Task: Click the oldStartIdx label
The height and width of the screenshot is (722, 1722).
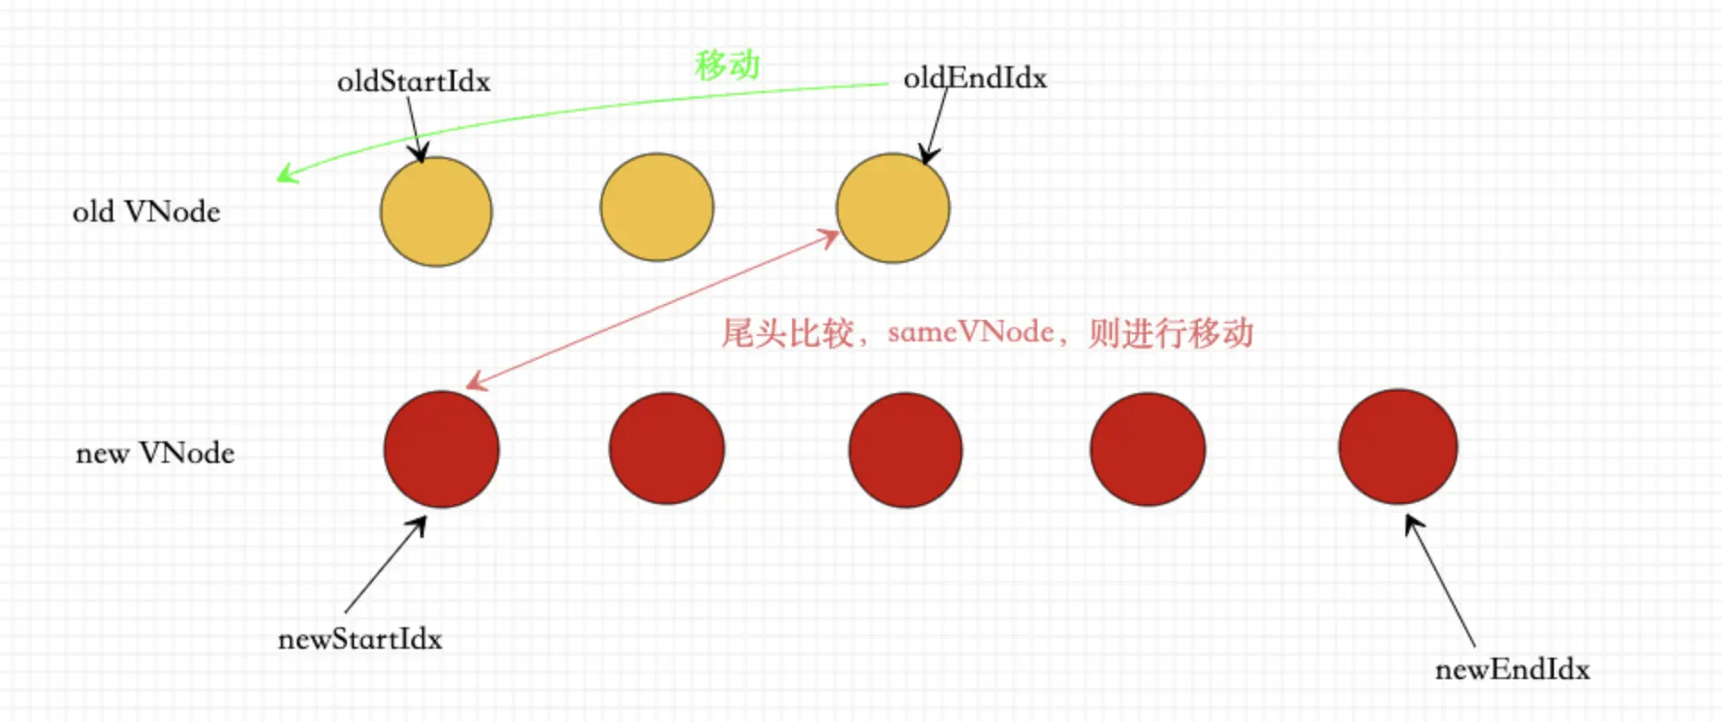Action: pyautogui.click(x=413, y=81)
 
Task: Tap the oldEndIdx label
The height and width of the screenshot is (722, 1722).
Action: pyautogui.click(x=975, y=79)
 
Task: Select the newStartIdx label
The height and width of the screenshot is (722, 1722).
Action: pyautogui.click(x=359, y=639)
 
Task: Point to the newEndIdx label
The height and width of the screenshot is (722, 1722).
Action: pyautogui.click(x=1512, y=669)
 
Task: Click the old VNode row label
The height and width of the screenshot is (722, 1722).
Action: pyautogui.click(x=146, y=212)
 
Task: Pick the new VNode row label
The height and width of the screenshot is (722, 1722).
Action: pyautogui.click(x=155, y=453)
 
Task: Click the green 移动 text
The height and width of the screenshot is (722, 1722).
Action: pyautogui.click(x=727, y=64)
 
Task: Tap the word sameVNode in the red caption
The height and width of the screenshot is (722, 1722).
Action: pyautogui.click(x=970, y=332)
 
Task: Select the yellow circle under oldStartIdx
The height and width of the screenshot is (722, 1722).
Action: pyautogui.click(x=436, y=211)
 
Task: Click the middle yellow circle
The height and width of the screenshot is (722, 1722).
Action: pyautogui.click(x=657, y=207)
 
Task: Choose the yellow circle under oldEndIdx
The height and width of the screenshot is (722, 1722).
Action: pyautogui.click(x=893, y=208)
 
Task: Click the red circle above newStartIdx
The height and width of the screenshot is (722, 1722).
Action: pyautogui.click(x=442, y=449)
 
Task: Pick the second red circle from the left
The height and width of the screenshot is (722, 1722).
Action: pyautogui.click(x=667, y=449)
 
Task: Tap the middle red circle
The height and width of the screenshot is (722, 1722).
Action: pyautogui.click(x=906, y=449)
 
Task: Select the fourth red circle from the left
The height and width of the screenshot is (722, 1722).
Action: pyautogui.click(x=1147, y=449)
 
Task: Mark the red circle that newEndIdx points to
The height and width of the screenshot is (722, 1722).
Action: pyautogui.click(x=1398, y=447)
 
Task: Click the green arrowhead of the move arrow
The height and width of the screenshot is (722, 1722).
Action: pyautogui.click(x=284, y=174)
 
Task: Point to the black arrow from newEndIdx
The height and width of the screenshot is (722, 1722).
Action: pyautogui.click(x=1440, y=581)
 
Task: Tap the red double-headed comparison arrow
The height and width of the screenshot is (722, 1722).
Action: pyautogui.click(x=653, y=310)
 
